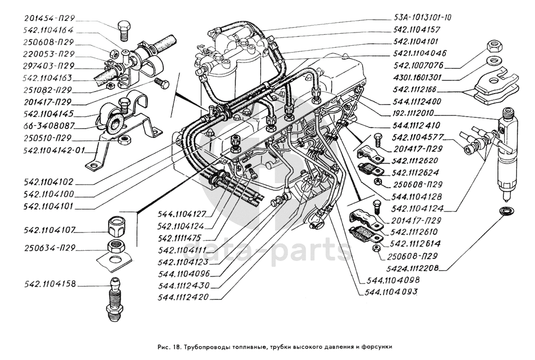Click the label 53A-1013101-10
[422, 17]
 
